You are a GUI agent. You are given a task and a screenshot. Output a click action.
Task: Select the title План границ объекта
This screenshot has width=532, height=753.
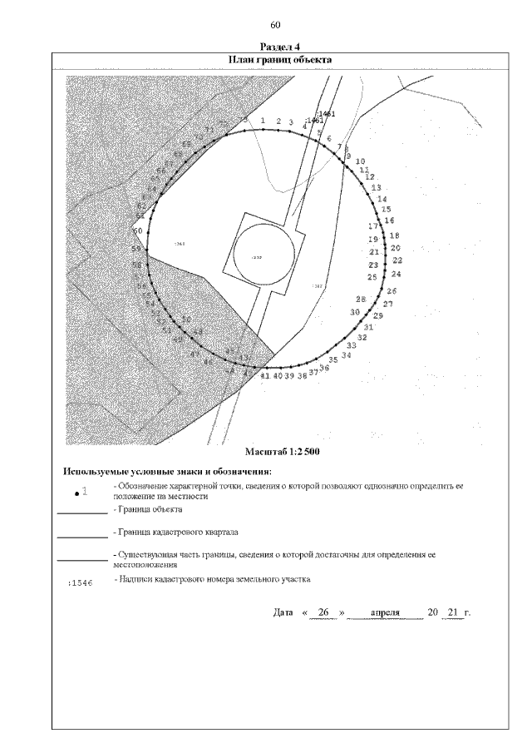(x=276, y=60)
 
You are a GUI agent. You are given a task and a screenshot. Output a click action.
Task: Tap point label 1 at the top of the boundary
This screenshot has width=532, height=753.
(x=263, y=121)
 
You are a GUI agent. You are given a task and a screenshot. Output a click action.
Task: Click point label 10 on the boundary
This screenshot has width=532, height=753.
(x=360, y=161)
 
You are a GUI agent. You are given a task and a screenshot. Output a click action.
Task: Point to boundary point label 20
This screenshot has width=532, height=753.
(x=396, y=248)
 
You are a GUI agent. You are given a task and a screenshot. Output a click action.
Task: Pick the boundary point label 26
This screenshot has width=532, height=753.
(x=392, y=291)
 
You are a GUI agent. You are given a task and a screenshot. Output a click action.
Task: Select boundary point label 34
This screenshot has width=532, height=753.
(x=346, y=354)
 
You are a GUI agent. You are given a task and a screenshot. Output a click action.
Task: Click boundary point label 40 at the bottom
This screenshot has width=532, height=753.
(x=278, y=376)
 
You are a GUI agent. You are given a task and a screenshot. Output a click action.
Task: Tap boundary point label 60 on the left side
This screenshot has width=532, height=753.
(x=138, y=230)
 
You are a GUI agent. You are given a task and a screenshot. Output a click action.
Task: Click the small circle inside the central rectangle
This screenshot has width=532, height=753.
(x=257, y=257)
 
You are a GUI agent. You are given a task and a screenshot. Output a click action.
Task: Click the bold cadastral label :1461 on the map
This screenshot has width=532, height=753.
(x=325, y=114)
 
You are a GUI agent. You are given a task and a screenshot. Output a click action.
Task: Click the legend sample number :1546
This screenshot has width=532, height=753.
(x=80, y=583)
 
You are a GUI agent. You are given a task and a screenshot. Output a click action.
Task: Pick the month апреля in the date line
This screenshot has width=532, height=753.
(x=386, y=613)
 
